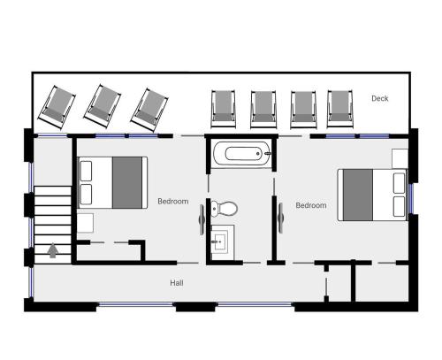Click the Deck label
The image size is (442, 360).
coord(380,98)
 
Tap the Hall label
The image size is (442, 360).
coord(177,283)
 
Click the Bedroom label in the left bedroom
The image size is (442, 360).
coord(173,202)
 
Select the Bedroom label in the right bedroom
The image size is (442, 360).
coord(311,205)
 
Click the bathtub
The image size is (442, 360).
coord(241,154)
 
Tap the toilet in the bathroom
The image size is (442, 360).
coord(225,208)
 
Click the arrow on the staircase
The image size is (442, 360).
coord(53,250)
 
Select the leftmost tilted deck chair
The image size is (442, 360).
coord(57,107)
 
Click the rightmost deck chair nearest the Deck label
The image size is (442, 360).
coord(339,109)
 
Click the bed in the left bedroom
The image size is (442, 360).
coord(112,182)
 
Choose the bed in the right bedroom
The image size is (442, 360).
coord(372,195)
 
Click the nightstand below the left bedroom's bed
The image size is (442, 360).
coord(86,223)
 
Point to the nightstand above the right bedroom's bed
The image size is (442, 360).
coord(400,158)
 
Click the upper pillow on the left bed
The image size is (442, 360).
coord(86,171)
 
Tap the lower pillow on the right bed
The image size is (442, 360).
coord(400,206)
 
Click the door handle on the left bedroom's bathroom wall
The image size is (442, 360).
coord(202,219)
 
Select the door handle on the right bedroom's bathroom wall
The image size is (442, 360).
coord(281,218)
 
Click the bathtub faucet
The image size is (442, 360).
coord(267,154)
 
